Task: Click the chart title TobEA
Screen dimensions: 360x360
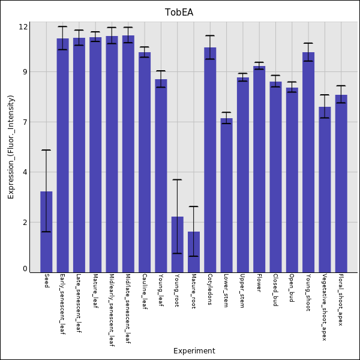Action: point(179,13)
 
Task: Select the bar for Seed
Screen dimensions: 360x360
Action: point(46,232)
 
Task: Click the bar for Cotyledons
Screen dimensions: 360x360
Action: point(210,160)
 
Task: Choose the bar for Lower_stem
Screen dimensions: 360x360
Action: point(226,195)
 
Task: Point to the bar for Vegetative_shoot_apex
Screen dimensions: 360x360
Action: point(325,190)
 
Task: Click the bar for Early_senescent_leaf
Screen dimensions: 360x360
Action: point(63,155)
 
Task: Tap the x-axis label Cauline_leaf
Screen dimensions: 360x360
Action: point(145,292)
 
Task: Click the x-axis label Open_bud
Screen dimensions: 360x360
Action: point(292,288)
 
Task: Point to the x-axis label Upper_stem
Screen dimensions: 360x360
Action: point(242,291)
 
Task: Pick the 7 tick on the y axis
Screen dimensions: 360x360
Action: point(25,122)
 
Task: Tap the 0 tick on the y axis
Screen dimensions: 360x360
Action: point(25,269)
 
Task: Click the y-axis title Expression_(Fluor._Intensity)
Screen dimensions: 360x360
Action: point(11,147)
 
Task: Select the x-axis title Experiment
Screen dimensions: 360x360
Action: point(194,351)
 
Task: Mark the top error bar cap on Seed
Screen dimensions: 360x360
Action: point(46,150)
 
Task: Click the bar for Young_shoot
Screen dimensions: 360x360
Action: point(308,162)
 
